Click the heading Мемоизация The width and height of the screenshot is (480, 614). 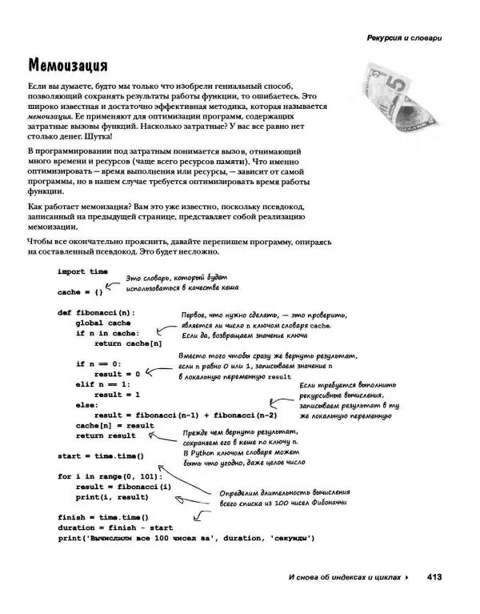(68, 63)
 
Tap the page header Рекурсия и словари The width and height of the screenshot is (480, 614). (404, 38)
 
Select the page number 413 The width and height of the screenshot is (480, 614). (434, 577)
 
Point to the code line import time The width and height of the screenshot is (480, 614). (82, 272)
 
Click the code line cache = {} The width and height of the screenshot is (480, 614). (80, 292)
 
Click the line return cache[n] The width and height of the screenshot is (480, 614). (128, 343)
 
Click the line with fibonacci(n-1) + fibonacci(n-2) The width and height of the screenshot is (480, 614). (186, 415)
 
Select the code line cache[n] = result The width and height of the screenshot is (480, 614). (114, 425)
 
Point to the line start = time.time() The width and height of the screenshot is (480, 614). (100, 455)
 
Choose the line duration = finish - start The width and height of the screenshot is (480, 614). (117, 528)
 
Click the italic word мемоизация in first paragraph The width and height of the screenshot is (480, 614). (52, 117)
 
